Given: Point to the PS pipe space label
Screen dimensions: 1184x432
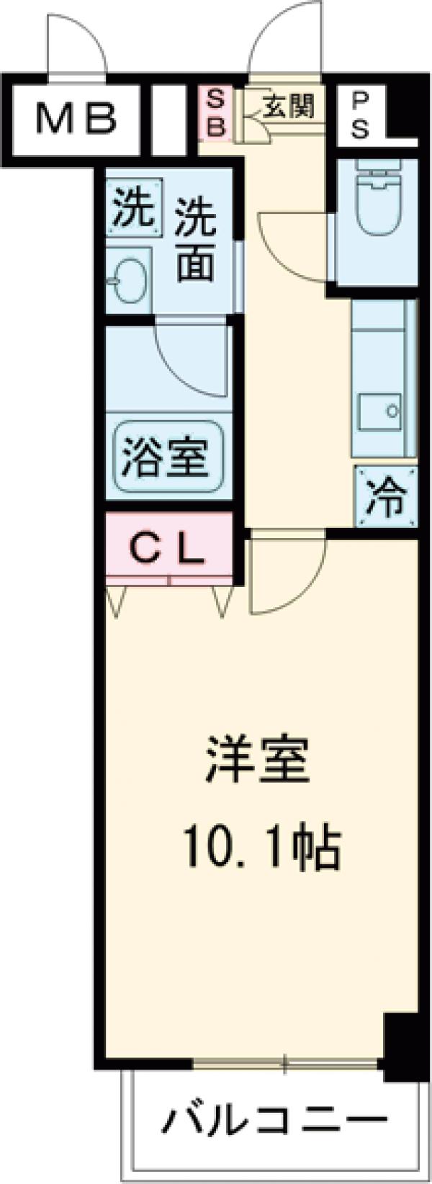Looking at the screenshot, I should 361,116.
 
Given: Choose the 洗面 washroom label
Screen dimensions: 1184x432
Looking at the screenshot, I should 195,238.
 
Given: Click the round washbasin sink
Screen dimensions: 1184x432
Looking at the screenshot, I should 129,278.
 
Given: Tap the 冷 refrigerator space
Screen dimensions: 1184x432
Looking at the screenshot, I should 386,497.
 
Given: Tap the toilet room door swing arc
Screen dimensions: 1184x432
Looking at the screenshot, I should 295,248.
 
